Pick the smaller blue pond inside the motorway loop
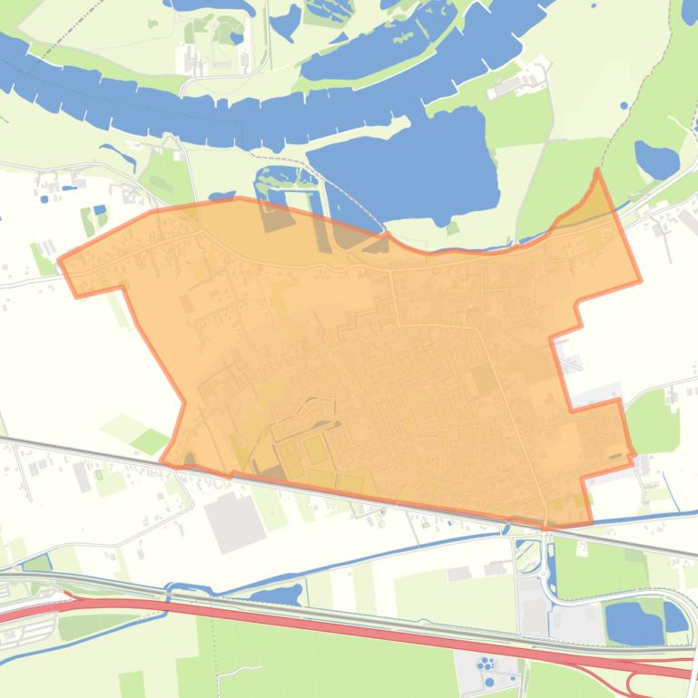coord(674,616)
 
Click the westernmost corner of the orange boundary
coord(60,262)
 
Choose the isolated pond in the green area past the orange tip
coord(655,160)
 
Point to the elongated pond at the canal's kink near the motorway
coord(277,595)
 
